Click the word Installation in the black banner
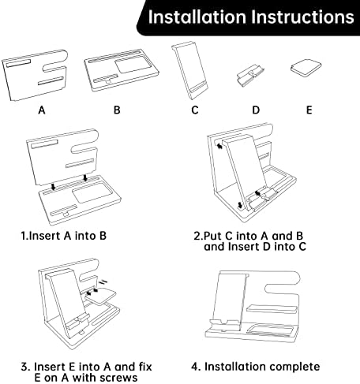click(197, 17)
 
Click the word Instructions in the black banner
click(302, 17)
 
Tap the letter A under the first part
click(42, 110)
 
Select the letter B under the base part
click(117, 110)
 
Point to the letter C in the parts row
click(195, 110)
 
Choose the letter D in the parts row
click(256, 110)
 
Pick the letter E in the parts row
click(309, 110)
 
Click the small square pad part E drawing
click(306, 68)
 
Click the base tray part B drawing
click(122, 69)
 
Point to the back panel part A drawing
click(36, 75)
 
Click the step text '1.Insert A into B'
click(64, 236)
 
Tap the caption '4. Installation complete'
click(256, 367)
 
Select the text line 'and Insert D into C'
click(255, 247)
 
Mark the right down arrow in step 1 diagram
click(84, 177)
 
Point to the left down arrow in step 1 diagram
click(54, 187)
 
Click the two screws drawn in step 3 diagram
click(103, 281)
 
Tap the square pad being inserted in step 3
click(101, 296)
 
